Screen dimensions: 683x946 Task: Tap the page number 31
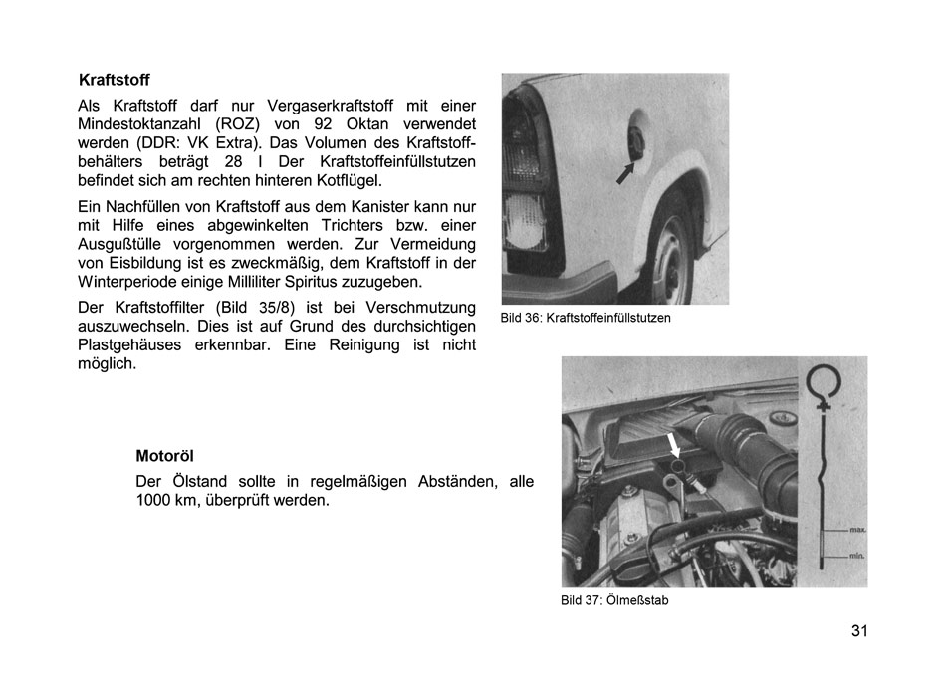pos(860,631)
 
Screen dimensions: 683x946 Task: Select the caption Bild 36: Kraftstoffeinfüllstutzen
pos(586,318)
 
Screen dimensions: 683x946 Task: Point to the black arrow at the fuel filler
pos(624,173)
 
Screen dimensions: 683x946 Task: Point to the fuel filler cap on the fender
pos(635,146)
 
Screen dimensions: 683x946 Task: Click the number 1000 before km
pos(155,501)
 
